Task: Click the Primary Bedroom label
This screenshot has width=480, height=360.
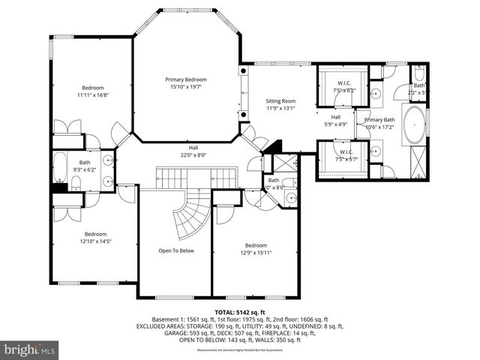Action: pyautogui.click(x=186, y=79)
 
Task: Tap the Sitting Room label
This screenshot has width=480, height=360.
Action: pyautogui.click(x=281, y=100)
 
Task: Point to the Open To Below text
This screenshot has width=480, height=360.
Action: pyautogui.click(x=175, y=250)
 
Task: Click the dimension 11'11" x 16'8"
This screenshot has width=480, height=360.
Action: pyautogui.click(x=92, y=95)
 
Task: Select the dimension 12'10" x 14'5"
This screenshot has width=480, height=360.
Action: pyautogui.click(x=95, y=242)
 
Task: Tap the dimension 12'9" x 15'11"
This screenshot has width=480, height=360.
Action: pyautogui.click(x=256, y=253)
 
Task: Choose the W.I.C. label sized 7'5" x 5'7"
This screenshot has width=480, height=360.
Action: pyautogui.click(x=345, y=154)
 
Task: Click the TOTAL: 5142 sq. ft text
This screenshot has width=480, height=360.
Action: pyautogui.click(x=240, y=311)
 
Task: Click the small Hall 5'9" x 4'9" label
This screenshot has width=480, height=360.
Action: pyautogui.click(x=336, y=121)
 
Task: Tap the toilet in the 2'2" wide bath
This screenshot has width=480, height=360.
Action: pyautogui.click(x=418, y=75)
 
